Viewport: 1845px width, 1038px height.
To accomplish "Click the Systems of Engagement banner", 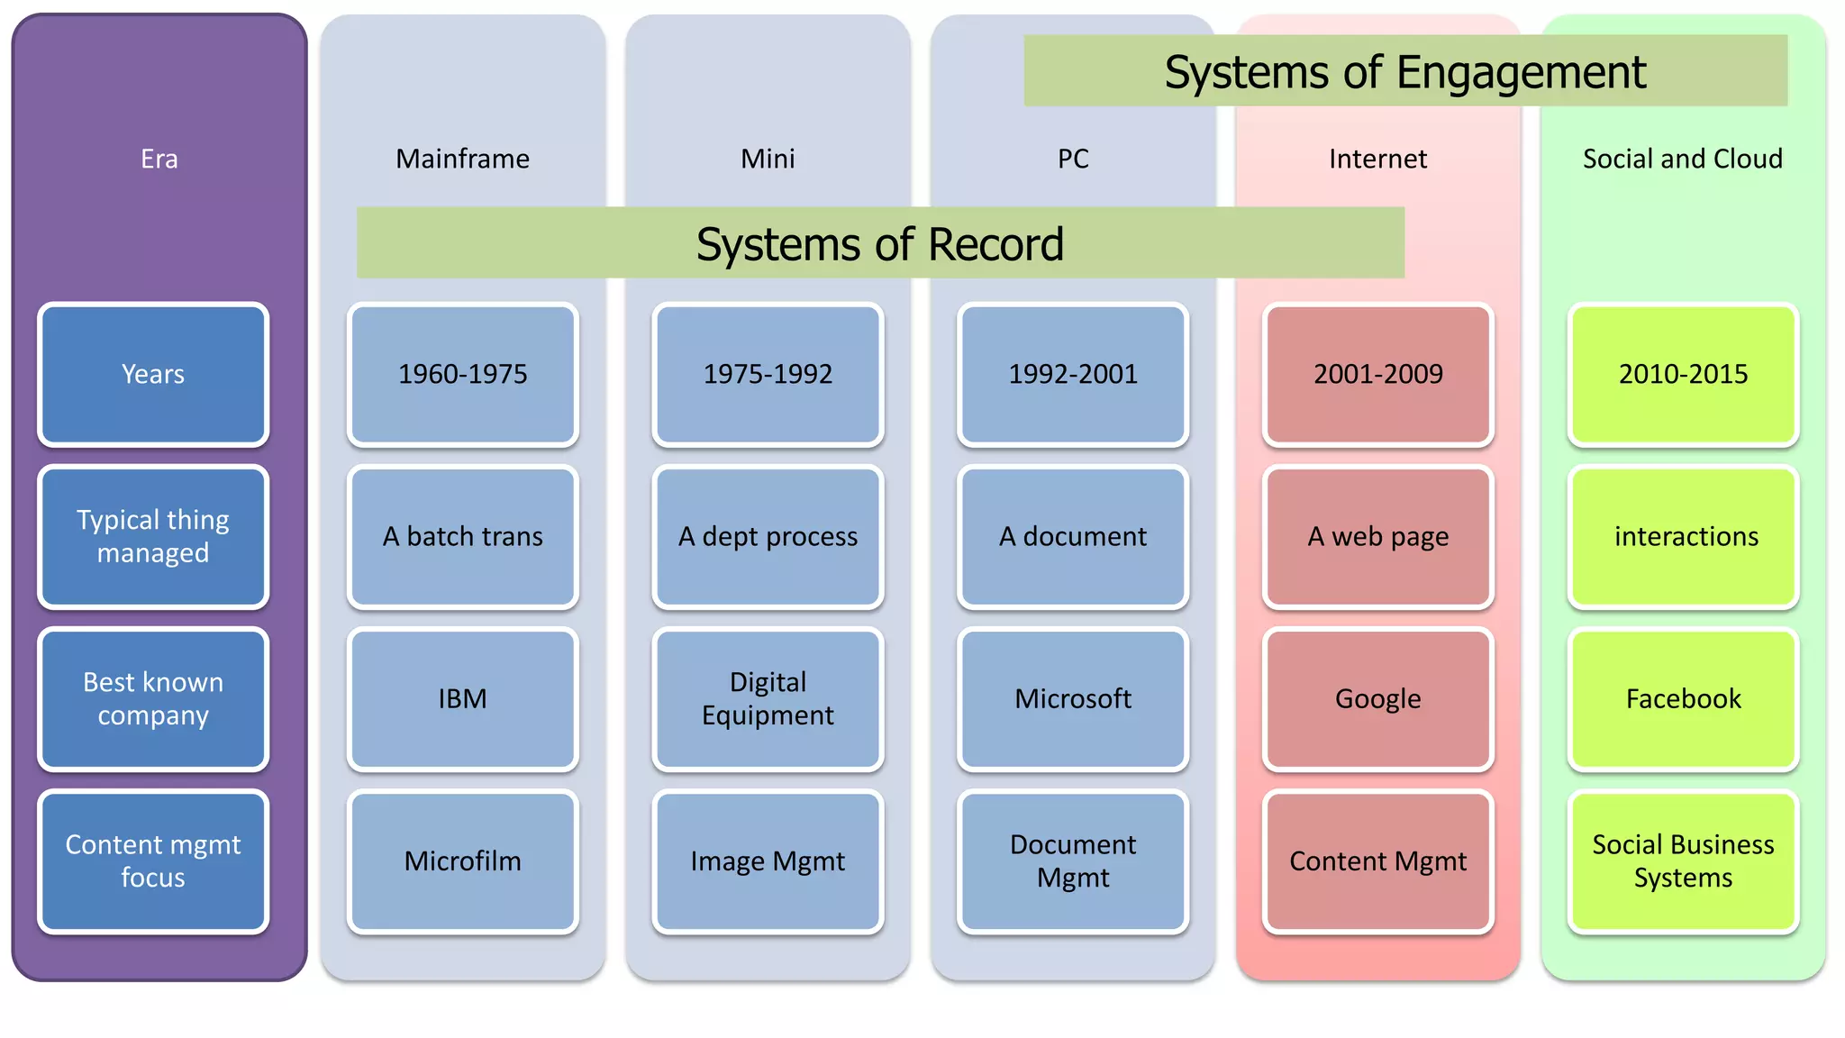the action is coord(1404,71).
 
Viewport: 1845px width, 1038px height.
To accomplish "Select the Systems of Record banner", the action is coord(879,243).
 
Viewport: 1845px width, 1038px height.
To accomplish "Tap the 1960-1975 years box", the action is coord(462,374).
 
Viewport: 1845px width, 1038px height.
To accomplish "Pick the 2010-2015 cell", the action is coord(1683,374).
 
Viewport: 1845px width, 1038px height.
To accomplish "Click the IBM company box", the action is coord(462,698).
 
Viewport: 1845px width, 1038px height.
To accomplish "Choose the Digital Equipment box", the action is coord(768,698).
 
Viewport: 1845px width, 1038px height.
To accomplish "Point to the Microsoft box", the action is coord(1072,698).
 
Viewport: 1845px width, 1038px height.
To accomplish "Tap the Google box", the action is coord(1377,698).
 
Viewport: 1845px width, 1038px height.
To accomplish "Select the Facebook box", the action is coord(1683,698).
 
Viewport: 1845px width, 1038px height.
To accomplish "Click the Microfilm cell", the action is coord(462,860).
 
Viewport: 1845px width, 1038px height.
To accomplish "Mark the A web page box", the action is coord(1377,536).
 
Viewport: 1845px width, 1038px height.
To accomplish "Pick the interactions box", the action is coord(1683,536).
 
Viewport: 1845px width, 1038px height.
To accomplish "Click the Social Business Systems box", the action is coord(1683,860).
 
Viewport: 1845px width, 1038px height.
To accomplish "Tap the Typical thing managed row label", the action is coord(153,536).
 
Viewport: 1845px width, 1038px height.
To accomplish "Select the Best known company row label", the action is coord(153,698).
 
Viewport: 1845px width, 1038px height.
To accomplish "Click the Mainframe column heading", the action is coord(462,159).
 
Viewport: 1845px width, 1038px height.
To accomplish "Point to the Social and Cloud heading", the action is coord(1682,159).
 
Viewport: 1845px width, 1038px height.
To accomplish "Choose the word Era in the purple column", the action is coord(159,159).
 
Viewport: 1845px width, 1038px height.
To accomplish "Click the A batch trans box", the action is coord(462,536).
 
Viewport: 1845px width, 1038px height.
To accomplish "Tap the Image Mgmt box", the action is coord(768,860).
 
